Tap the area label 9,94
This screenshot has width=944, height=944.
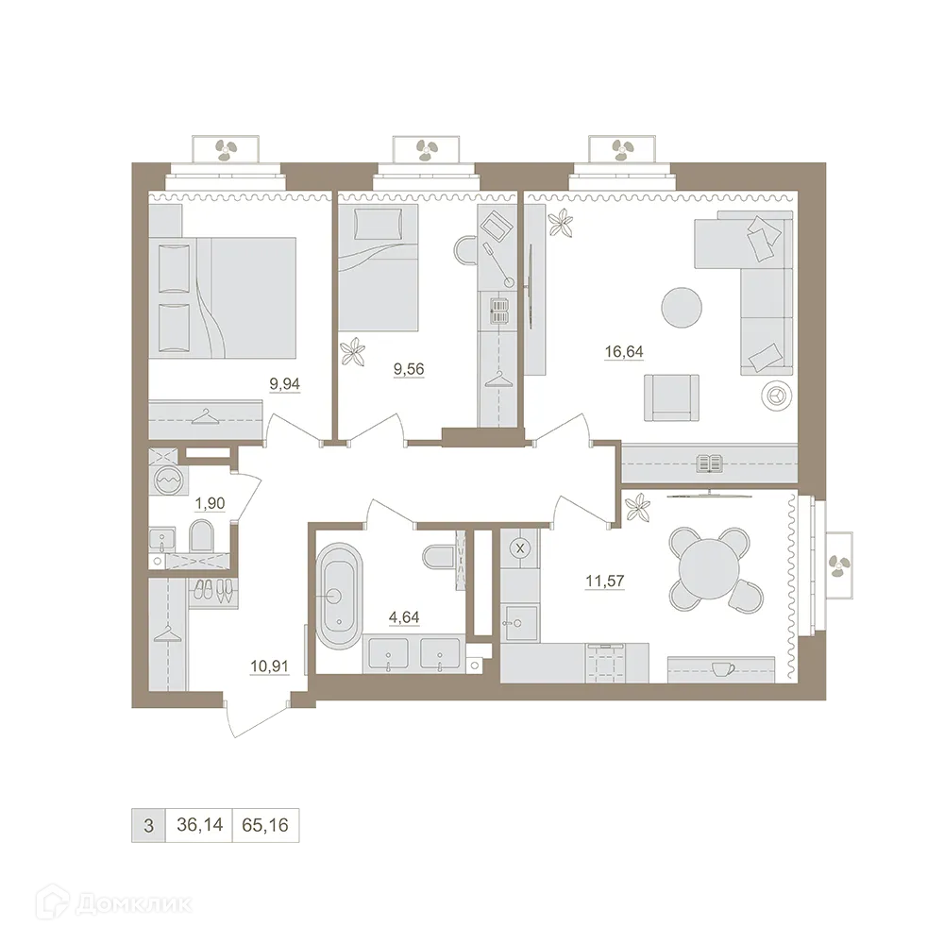(x=284, y=384)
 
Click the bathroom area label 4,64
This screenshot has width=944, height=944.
(x=403, y=618)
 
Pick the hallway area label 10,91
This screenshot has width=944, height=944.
(x=269, y=666)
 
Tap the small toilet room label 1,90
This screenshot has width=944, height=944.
(x=210, y=503)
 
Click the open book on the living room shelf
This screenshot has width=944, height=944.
(x=709, y=463)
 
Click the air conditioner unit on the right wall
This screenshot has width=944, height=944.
(x=837, y=565)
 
